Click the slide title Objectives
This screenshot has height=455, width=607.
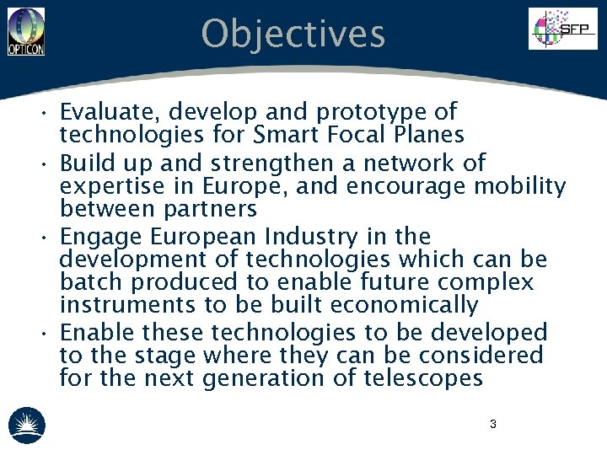(x=293, y=35)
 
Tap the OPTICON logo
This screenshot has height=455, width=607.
(x=25, y=31)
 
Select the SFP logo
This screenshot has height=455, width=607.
(x=562, y=29)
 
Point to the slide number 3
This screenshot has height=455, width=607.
(x=493, y=424)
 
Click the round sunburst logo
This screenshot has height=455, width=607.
(x=27, y=425)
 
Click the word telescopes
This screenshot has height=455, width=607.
(x=423, y=378)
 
